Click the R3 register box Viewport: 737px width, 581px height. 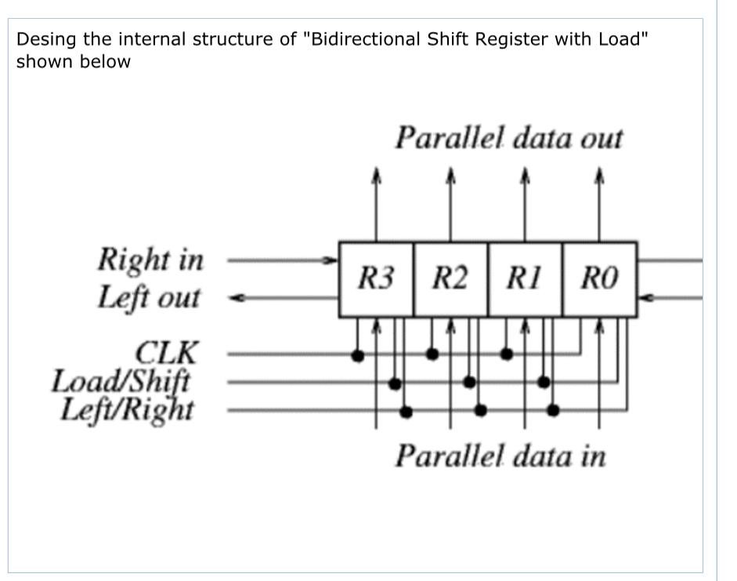pyautogui.click(x=376, y=279)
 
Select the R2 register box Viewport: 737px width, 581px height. pyautogui.click(x=450, y=279)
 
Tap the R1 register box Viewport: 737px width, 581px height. pyautogui.click(x=525, y=279)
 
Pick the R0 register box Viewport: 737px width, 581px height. pyautogui.click(x=600, y=279)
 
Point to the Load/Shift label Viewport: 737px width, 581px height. pyautogui.click(x=121, y=382)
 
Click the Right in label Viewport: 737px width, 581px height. pyautogui.click(x=150, y=259)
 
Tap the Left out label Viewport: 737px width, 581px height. pyautogui.click(x=149, y=298)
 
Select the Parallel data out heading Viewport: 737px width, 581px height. pyautogui.click(x=508, y=138)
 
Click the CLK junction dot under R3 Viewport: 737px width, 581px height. pyautogui.click(x=357, y=355)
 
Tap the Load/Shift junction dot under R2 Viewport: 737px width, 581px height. pyautogui.click(x=469, y=382)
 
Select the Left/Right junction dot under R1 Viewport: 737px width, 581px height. pyautogui.click(x=553, y=409)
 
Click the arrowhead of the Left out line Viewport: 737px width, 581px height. pyautogui.click(x=234, y=298)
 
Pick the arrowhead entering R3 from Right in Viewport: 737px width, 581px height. pyautogui.click(x=332, y=259)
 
